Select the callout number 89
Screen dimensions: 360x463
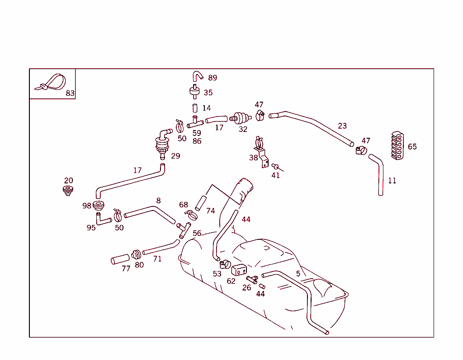point(213,78)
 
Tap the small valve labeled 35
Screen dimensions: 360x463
point(195,91)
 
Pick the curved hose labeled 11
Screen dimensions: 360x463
point(379,174)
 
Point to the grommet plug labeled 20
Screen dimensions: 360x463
point(68,190)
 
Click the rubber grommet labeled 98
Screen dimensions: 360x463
point(98,206)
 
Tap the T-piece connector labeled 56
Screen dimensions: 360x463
point(184,229)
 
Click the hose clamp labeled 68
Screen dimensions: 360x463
point(191,214)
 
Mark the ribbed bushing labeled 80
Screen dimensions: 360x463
point(137,255)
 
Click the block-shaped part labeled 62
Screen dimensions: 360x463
point(238,270)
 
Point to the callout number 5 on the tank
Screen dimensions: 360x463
point(298,273)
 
